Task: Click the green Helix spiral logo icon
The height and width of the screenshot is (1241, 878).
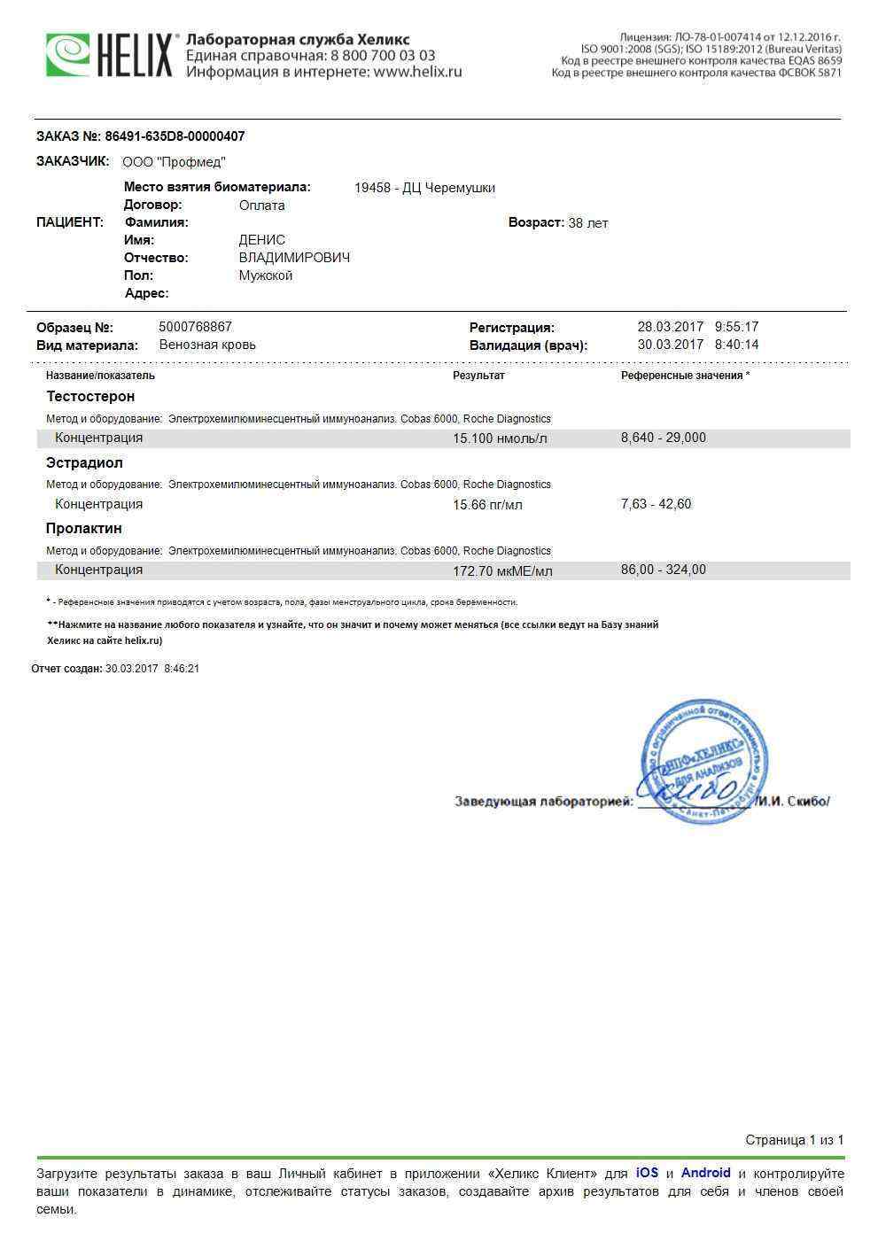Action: [x=68, y=55]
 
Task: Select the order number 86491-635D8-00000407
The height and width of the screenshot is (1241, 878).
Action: [x=175, y=136]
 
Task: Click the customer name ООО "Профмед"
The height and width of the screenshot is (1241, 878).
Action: [x=174, y=162]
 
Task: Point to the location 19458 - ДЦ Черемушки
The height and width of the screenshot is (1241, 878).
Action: [x=424, y=188]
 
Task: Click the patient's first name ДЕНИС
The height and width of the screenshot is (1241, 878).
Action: [x=262, y=240]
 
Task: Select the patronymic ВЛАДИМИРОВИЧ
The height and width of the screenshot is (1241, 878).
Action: [x=294, y=258]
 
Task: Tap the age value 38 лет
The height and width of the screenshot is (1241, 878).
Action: [x=587, y=223]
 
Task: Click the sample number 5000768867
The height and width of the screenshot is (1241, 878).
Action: [x=195, y=327]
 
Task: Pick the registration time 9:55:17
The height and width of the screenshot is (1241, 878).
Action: [x=736, y=327]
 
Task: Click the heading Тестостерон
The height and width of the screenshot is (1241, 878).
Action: [x=90, y=396]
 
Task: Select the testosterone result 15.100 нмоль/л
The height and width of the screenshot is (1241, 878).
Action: [x=500, y=438]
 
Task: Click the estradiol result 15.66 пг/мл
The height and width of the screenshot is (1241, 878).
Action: [x=487, y=505]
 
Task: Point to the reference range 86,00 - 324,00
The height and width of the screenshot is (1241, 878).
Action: [x=663, y=570]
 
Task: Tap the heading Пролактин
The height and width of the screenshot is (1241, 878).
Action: [x=84, y=528]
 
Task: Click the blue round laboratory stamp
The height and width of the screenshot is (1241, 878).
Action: [x=703, y=760]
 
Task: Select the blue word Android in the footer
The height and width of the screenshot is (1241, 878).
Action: [x=705, y=1173]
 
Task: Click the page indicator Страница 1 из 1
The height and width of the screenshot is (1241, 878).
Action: [x=794, y=1140]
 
